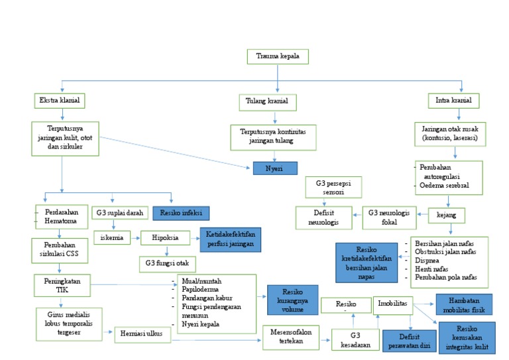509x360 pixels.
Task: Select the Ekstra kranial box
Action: (x=61, y=101)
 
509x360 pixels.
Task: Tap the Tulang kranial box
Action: (x=267, y=102)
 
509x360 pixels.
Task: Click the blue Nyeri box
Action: (x=274, y=168)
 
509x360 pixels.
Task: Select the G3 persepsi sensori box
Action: (x=333, y=187)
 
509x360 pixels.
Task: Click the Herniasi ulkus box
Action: (x=142, y=334)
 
